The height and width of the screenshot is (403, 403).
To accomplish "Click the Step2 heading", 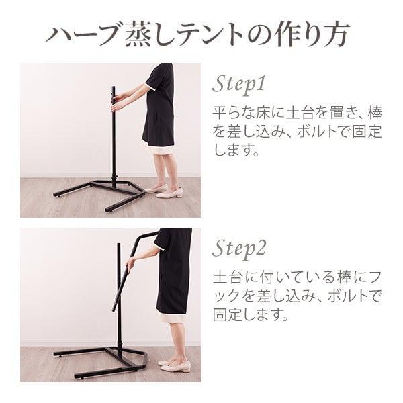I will (241, 248).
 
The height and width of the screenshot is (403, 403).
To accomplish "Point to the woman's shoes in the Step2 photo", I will (177, 366).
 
